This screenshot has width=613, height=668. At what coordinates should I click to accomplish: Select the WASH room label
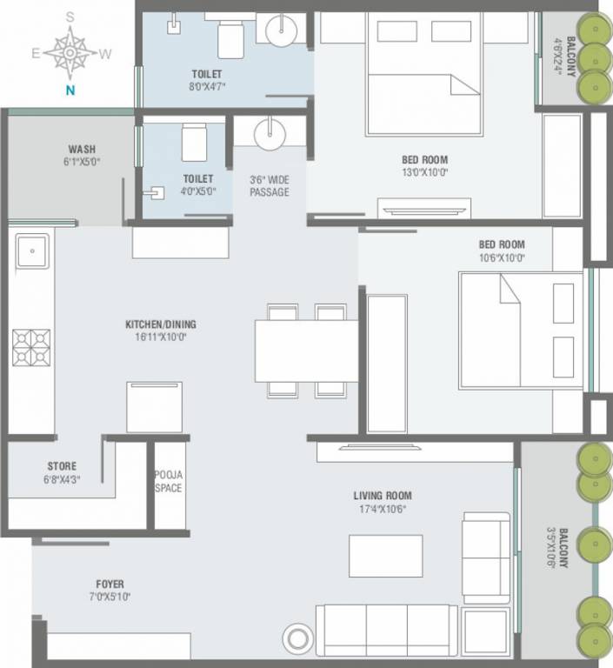point(82,149)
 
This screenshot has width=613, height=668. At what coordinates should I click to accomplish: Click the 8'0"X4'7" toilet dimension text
point(207,87)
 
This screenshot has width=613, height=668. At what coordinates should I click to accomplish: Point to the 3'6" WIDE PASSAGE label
point(269,186)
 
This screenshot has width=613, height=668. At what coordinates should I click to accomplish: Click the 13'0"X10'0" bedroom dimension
point(424,172)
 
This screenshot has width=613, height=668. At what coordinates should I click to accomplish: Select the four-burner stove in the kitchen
point(32,348)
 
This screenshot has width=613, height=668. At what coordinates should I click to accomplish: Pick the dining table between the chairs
point(306,351)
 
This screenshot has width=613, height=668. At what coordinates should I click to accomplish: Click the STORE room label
point(62,466)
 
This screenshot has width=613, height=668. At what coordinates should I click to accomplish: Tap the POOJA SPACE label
point(168,481)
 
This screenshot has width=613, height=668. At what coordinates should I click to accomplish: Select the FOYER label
point(110,584)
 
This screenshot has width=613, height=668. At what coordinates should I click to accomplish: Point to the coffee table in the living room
point(385,556)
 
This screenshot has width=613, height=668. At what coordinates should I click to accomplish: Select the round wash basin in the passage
point(270,134)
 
